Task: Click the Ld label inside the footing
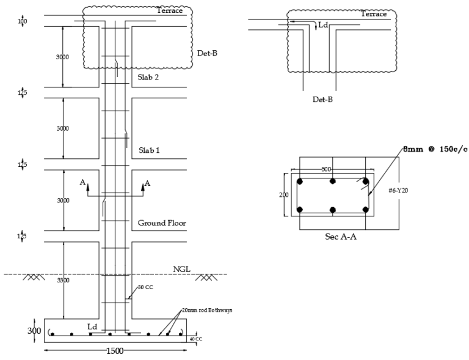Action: click(92, 327)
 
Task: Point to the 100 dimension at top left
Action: click(23, 22)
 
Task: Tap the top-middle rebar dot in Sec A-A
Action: click(332, 182)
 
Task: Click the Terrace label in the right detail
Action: click(373, 14)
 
